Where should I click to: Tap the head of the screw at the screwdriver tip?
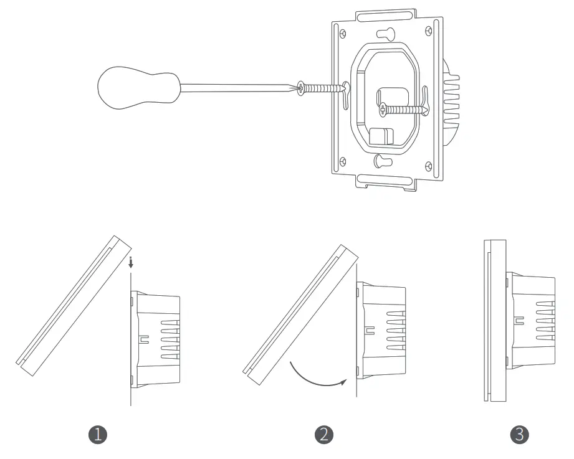pyautogui.click(x=302, y=88)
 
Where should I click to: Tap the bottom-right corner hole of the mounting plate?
pyautogui.click(x=428, y=165)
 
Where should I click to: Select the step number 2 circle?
pyautogui.click(x=323, y=435)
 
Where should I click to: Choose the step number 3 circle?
pyautogui.click(x=519, y=435)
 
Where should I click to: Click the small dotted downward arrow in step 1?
pyautogui.click(x=130, y=263)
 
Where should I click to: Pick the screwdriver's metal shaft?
pyautogui.click(x=237, y=87)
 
